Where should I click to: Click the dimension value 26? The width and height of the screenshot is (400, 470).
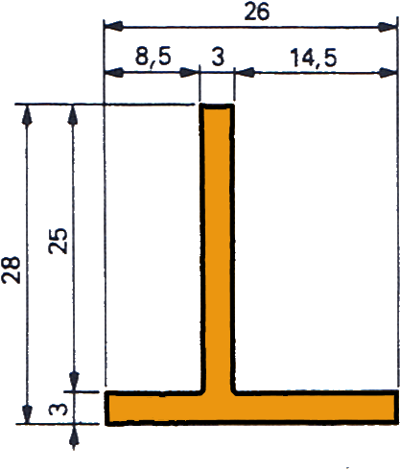(x=257, y=12)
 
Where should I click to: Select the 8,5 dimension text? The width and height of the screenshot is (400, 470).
(x=153, y=57)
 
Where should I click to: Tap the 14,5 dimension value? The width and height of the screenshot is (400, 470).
(x=314, y=59)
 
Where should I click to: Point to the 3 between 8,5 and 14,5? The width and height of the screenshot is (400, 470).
(x=218, y=57)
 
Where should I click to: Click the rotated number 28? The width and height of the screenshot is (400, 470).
(x=12, y=270)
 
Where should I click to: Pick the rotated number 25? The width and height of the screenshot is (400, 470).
(x=59, y=241)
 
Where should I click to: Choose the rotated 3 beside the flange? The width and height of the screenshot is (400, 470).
(x=59, y=409)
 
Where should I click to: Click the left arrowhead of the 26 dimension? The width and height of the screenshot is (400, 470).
(x=113, y=26)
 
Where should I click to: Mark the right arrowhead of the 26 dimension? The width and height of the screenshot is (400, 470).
(x=388, y=27)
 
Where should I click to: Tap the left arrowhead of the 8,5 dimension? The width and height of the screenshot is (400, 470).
(x=113, y=72)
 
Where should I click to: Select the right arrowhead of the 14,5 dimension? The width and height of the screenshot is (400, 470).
(x=388, y=73)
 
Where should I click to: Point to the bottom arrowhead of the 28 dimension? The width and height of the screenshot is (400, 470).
(x=28, y=413)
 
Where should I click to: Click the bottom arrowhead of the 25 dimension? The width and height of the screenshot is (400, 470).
(x=74, y=381)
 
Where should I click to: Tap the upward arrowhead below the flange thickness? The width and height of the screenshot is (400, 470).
(x=74, y=435)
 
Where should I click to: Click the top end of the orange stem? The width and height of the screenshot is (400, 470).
(x=217, y=106)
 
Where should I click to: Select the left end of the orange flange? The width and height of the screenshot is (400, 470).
(x=106, y=408)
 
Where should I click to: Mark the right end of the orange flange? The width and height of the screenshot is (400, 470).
(x=397, y=407)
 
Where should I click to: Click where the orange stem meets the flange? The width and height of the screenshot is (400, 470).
(x=219, y=392)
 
